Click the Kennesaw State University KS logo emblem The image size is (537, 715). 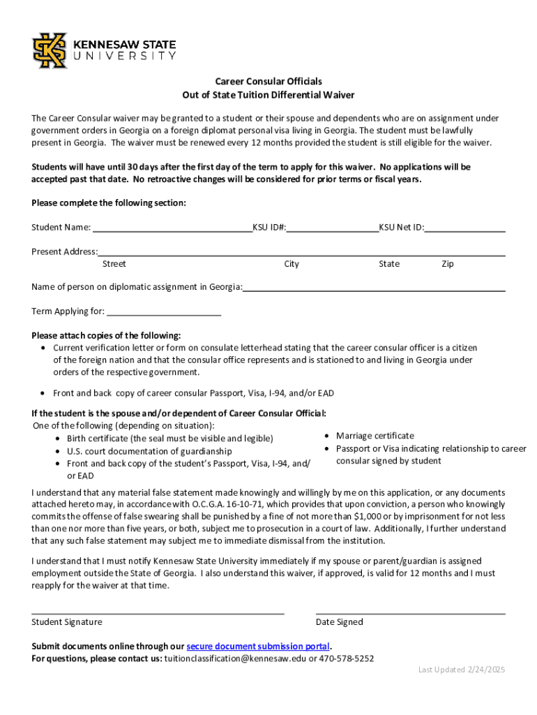click(x=50, y=50)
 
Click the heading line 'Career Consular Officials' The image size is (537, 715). click(x=268, y=82)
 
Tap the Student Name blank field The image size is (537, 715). click(x=172, y=227)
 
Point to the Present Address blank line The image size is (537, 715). click(x=301, y=251)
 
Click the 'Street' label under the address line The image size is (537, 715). click(x=114, y=264)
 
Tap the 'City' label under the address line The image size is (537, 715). click(x=292, y=264)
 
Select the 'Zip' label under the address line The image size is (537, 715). click(x=447, y=264)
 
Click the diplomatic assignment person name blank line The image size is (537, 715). click(x=374, y=286)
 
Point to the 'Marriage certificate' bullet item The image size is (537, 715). click(x=375, y=436)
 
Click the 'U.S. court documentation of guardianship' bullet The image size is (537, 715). click(x=149, y=451)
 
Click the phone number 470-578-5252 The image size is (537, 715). click(x=347, y=658)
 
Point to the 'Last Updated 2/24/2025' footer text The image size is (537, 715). click(x=462, y=670)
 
